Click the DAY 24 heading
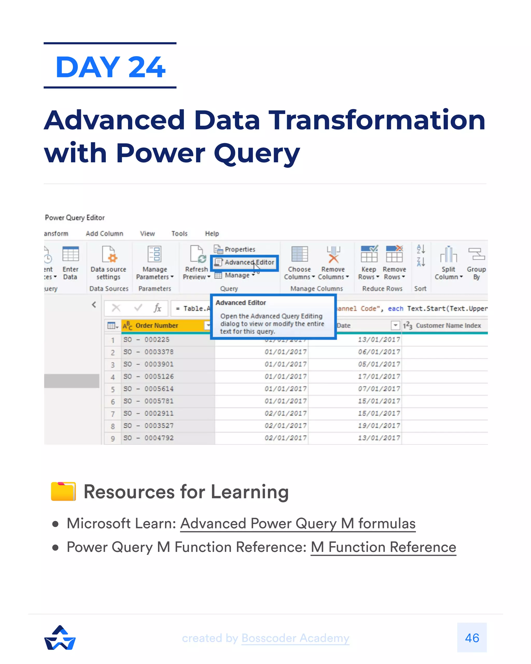click(x=110, y=67)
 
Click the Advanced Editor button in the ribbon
click(x=245, y=262)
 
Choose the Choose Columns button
click(x=299, y=262)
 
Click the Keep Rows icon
click(x=369, y=254)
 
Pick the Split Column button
click(x=448, y=262)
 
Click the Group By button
click(x=476, y=262)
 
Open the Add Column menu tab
click(x=104, y=234)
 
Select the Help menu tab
click(x=212, y=234)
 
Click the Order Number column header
click(x=157, y=326)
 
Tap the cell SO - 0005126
click(x=149, y=377)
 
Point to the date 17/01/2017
click(x=379, y=377)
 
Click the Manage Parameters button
click(x=155, y=262)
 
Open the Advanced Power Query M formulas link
click(x=298, y=524)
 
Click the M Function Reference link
click(x=383, y=548)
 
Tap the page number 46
click(x=472, y=638)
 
